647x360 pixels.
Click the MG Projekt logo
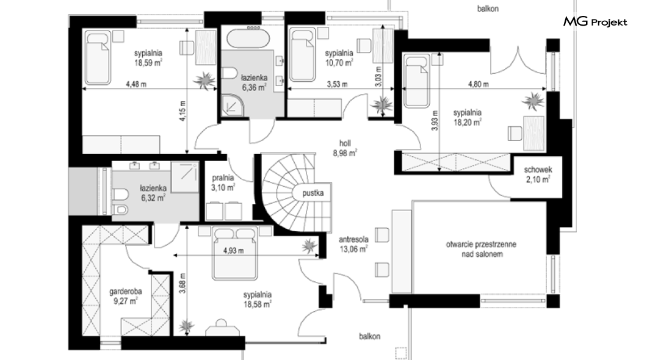[595, 21]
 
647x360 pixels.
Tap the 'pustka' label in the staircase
[313, 193]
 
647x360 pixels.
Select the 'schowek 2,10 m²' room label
[538, 175]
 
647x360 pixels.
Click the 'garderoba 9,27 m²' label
[126, 296]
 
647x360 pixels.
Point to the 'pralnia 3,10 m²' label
[223, 182]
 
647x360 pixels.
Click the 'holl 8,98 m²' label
[345, 148]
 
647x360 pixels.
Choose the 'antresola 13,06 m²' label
[353, 243]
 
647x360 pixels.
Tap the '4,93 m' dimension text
[234, 250]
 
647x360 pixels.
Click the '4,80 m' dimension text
[479, 84]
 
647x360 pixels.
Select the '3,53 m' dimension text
[337, 84]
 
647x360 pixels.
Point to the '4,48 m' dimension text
[136, 84]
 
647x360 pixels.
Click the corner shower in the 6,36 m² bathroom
[233, 105]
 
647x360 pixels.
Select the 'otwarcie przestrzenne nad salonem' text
[481, 249]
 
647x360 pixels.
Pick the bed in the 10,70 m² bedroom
[303, 54]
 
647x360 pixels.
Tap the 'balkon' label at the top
[488, 9]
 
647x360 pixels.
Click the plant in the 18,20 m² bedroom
[533, 101]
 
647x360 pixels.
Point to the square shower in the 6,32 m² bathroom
[185, 177]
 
